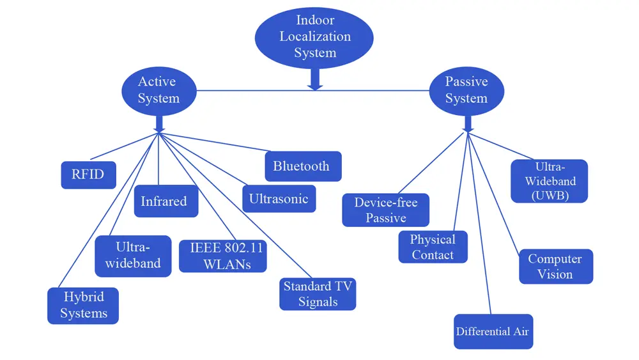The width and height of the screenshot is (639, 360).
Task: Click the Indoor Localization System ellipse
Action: click(315, 36)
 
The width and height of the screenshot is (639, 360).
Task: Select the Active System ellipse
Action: click(158, 90)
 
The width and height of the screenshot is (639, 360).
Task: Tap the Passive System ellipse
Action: click(466, 90)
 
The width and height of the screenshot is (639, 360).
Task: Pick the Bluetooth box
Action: click(302, 166)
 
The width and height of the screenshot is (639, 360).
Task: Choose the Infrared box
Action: click(165, 201)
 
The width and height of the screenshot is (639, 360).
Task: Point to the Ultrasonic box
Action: click(279, 199)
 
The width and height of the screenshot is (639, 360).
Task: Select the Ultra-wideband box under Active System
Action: click(133, 256)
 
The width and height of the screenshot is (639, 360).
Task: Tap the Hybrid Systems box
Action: click(83, 306)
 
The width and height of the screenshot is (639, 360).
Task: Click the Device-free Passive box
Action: click(385, 210)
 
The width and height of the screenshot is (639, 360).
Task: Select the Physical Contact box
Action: click(433, 247)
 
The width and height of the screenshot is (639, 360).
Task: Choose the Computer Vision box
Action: click(555, 267)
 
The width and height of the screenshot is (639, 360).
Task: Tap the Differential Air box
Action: click(493, 331)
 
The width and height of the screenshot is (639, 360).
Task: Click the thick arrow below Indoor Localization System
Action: click(314, 79)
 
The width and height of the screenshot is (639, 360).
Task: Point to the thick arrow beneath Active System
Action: click(158, 122)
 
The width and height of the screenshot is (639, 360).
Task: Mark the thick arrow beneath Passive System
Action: click(468, 122)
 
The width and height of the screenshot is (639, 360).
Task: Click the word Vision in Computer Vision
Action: click(555, 274)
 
